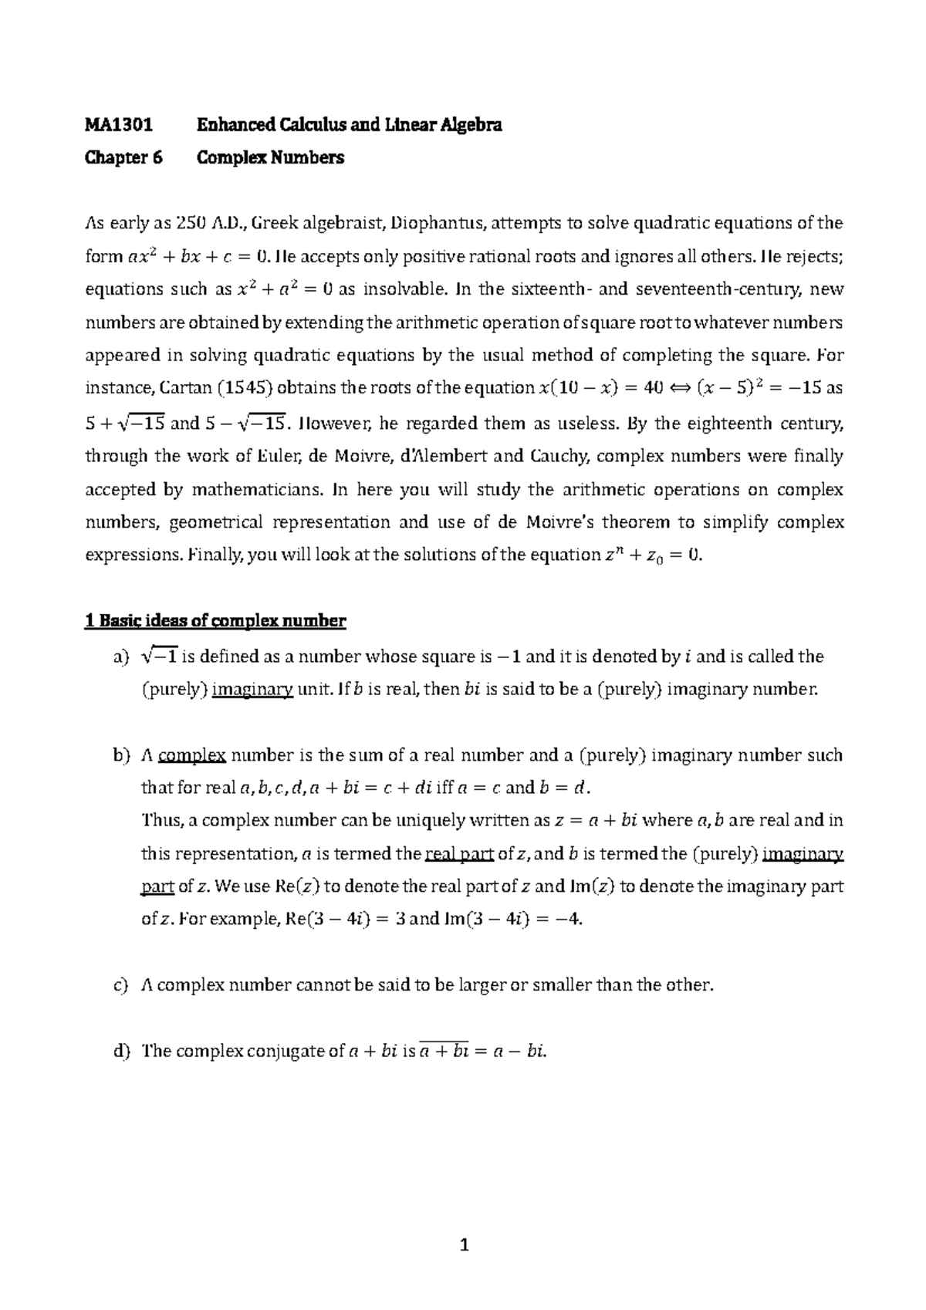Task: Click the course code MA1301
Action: coord(118,125)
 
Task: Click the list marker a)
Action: coord(118,657)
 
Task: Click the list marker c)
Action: coord(118,985)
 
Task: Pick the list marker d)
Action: coord(118,1052)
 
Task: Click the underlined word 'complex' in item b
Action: coord(191,756)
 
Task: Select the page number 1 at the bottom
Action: coord(464,1244)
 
